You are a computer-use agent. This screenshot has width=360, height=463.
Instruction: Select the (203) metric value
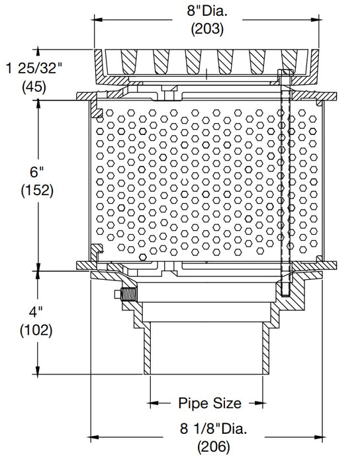[x=207, y=29]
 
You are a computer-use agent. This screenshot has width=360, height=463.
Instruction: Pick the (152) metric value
[x=36, y=190]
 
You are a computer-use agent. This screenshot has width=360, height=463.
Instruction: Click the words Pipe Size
[x=209, y=402]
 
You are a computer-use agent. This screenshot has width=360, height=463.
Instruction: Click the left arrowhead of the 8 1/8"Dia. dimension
[x=93, y=437]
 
